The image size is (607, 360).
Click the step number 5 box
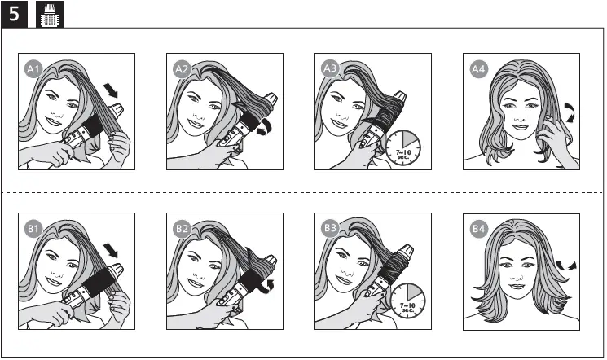click(x=14, y=13)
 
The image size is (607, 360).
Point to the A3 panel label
click(x=329, y=70)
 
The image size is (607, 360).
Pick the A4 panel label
click(x=477, y=70)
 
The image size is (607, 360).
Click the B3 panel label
click(x=329, y=230)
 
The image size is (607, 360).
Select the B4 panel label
click(x=477, y=230)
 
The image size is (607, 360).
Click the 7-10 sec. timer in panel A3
click(x=404, y=147)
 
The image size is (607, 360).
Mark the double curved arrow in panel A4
click(x=570, y=112)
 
